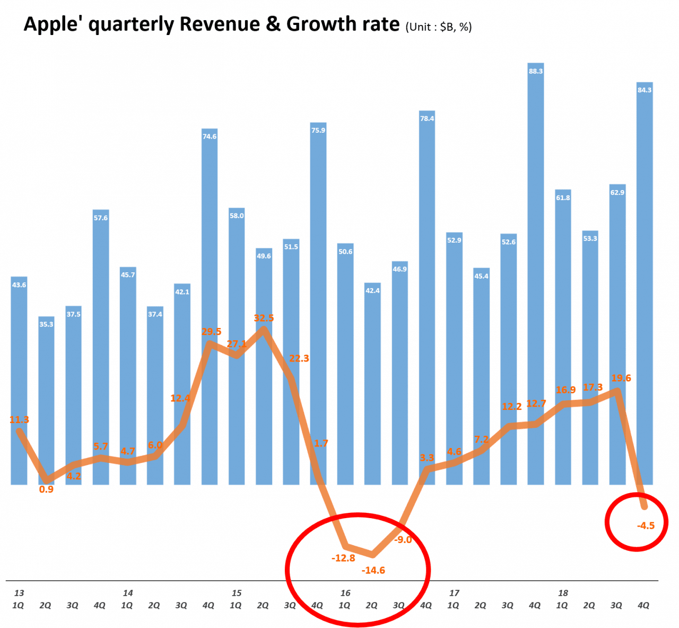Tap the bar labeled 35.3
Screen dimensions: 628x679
tap(46, 398)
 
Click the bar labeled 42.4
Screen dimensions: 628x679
tap(372, 382)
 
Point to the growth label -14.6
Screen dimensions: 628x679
tap(373, 571)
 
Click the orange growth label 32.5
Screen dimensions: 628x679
tap(264, 318)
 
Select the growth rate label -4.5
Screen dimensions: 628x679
tap(646, 526)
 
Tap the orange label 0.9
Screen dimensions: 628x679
tap(46, 489)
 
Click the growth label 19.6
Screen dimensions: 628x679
tap(621, 378)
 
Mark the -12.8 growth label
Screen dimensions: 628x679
tap(343, 558)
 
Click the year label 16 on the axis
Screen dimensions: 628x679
tap(345, 593)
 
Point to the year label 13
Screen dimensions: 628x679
tap(19, 593)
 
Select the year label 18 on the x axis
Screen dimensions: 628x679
tap(563, 593)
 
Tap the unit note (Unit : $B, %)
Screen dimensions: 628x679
tap(438, 27)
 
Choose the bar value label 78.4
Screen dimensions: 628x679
tap(427, 118)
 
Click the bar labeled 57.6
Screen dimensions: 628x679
tap(101, 345)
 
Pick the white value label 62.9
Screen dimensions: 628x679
tap(617, 193)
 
